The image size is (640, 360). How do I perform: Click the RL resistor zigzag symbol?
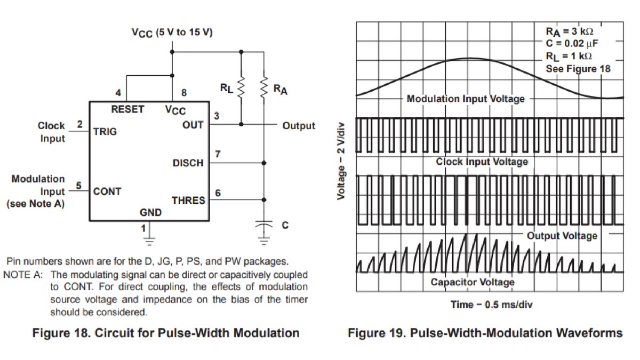pyautogui.click(x=241, y=86)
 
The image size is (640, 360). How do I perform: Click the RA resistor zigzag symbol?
pyautogui.click(x=264, y=86)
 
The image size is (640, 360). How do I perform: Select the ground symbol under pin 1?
pyautogui.click(x=149, y=241)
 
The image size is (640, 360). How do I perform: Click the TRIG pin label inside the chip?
pyautogui.click(x=105, y=132)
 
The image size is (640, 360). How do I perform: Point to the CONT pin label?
pyautogui.click(x=107, y=191)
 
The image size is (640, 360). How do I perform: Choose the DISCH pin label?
pyautogui.click(x=188, y=163)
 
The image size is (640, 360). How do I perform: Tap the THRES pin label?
pyautogui.click(x=188, y=201)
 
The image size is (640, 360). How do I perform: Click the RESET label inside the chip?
pyautogui.click(x=127, y=109)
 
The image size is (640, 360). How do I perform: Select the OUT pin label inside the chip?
pyautogui.click(x=193, y=125)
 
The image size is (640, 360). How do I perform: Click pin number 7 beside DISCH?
pyautogui.click(x=218, y=154)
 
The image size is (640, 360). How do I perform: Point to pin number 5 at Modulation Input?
pyautogui.click(x=78, y=186)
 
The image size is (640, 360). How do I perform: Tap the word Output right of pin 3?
pyautogui.click(x=299, y=126)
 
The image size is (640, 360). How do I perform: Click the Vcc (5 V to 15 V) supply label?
pyautogui.click(x=172, y=33)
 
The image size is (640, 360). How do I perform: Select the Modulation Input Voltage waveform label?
pyautogui.click(x=466, y=99)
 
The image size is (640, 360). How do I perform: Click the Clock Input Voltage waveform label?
pyautogui.click(x=482, y=162)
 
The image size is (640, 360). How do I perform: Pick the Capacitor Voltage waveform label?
pyautogui.click(x=473, y=282)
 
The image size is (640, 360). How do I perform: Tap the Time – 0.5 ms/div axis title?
pyautogui.click(x=492, y=305)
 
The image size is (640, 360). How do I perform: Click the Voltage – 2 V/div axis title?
pyautogui.click(x=341, y=161)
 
